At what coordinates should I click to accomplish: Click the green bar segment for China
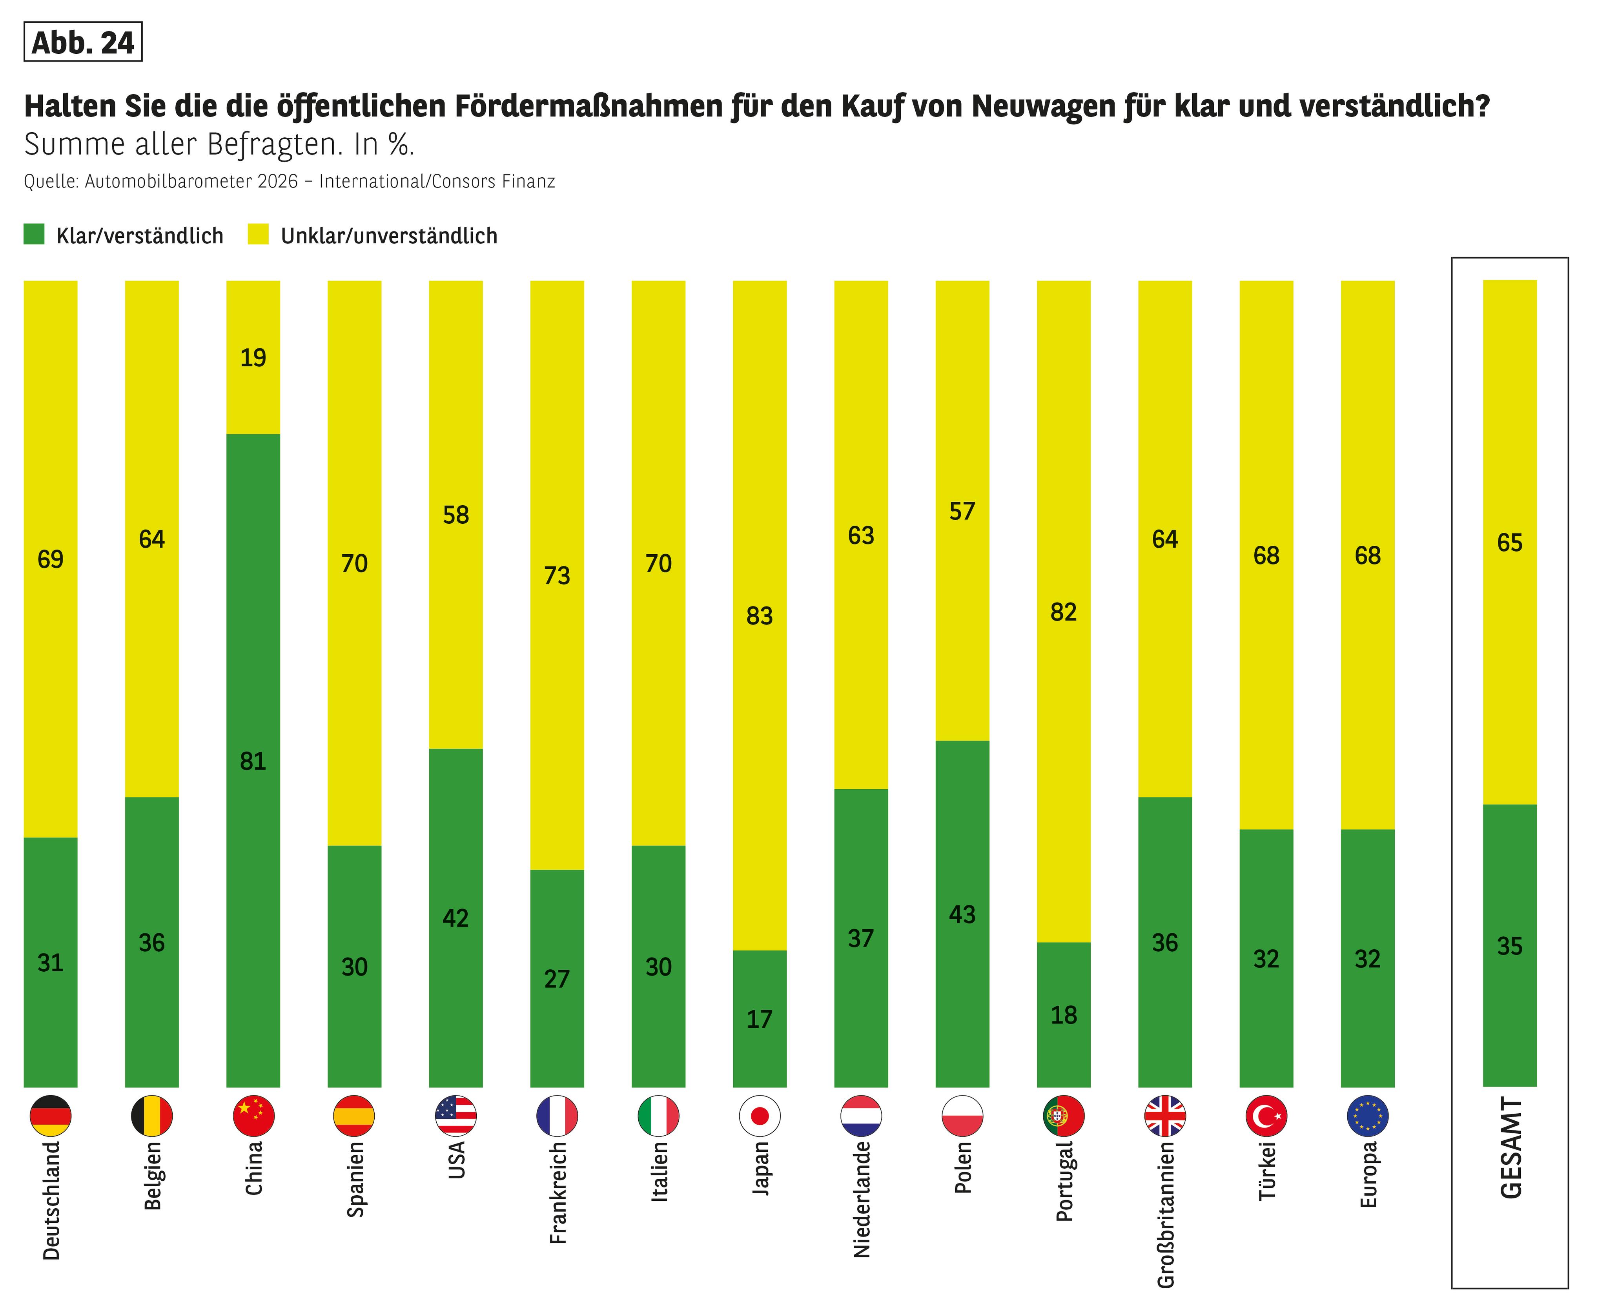pos(253,680)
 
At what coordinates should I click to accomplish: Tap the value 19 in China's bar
pos(253,357)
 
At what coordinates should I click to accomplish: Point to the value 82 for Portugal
pos(1063,612)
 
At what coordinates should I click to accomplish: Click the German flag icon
pos(51,1115)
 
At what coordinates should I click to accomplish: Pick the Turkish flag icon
pos(1266,1115)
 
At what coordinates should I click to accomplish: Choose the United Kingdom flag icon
pos(1165,1115)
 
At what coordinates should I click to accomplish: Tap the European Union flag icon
pos(1368,1115)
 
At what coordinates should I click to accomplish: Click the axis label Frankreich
pos(558,1193)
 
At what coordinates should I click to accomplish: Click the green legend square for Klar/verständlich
pos(34,234)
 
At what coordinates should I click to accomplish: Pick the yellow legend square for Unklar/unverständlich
pos(258,234)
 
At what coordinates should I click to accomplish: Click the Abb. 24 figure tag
pos(83,42)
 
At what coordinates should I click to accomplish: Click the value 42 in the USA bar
pos(455,918)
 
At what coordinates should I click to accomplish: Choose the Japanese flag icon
pos(760,1115)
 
